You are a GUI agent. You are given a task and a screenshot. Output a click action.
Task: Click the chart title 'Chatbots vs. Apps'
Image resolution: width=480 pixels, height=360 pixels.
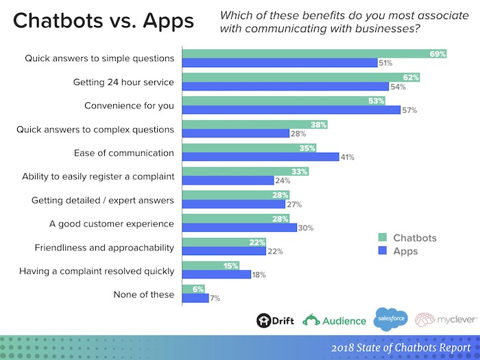coord(103,21)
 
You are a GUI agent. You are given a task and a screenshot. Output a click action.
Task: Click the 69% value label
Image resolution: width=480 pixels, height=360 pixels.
coord(438,53)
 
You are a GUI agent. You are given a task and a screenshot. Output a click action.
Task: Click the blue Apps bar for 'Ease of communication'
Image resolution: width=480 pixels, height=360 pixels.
coord(260,157)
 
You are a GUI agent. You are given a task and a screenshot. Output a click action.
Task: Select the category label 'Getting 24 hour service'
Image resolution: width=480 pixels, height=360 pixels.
coord(123,82)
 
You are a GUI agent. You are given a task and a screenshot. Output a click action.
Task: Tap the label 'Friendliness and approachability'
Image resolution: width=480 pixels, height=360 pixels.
coord(104,248)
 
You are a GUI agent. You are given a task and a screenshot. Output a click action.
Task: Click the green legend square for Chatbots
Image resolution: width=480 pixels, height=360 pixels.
coord(383,238)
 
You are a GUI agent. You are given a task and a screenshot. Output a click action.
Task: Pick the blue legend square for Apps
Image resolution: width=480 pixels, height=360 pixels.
coord(383,252)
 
